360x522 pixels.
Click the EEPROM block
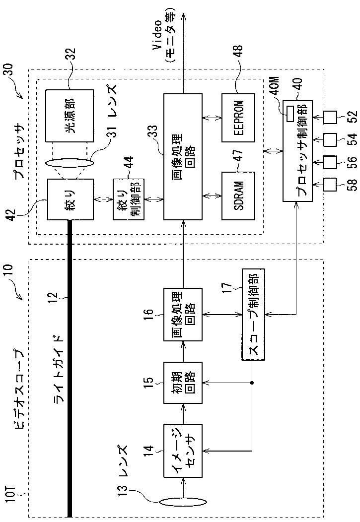(x=238, y=118)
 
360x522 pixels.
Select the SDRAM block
(x=238, y=196)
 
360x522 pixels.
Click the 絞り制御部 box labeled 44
(x=128, y=199)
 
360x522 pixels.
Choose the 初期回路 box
(x=183, y=383)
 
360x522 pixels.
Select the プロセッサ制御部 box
(x=298, y=150)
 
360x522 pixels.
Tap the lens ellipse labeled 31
(x=70, y=163)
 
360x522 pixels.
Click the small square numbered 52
(x=330, y=118)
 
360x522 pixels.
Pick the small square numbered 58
(x=330, y=184)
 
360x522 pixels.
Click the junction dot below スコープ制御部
(x=252, y=383)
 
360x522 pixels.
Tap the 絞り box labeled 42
(x=70, y=199)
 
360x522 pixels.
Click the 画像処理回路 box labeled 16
(x=183, y=314)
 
